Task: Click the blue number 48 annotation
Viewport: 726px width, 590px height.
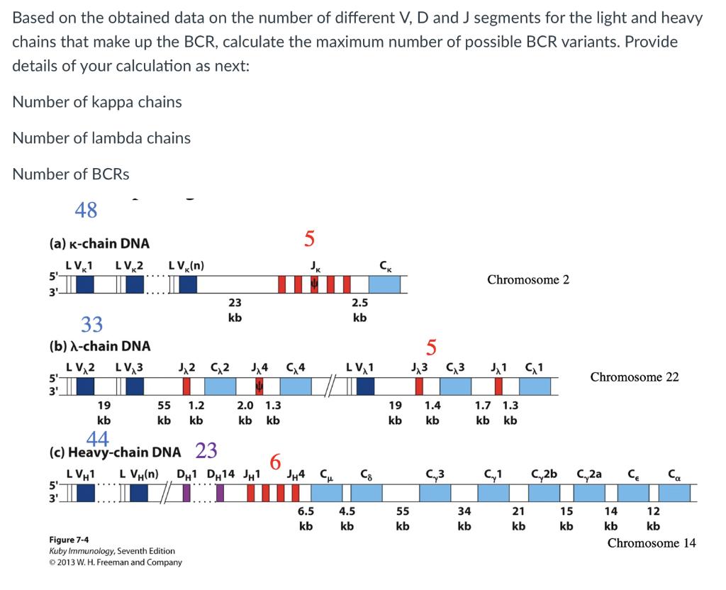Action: (86, 210)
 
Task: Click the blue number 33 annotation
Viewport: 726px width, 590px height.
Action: (91, 324)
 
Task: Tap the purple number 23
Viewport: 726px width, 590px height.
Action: (206, 450)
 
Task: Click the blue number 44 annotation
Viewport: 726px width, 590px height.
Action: (97, 439)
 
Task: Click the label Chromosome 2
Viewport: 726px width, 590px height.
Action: (527, 279)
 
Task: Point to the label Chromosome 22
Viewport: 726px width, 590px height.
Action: (634, 377)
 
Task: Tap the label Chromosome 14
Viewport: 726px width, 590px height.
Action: (652, 543)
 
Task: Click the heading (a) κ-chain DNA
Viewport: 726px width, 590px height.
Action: (99, 243)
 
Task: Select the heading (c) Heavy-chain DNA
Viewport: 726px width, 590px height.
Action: (114, 452)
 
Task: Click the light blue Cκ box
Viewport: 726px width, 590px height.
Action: (384, 284)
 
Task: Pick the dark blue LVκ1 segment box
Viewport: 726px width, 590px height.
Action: (84, 284)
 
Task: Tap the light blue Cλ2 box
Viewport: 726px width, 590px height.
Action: (220, 386)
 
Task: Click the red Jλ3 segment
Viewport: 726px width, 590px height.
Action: (419, 386)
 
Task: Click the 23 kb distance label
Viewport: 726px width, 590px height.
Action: (235, 310)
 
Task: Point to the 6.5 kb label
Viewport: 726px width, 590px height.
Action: (306, 518)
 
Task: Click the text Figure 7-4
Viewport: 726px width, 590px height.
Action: (69, 540)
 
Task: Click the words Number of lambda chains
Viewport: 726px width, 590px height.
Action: (101, 138)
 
